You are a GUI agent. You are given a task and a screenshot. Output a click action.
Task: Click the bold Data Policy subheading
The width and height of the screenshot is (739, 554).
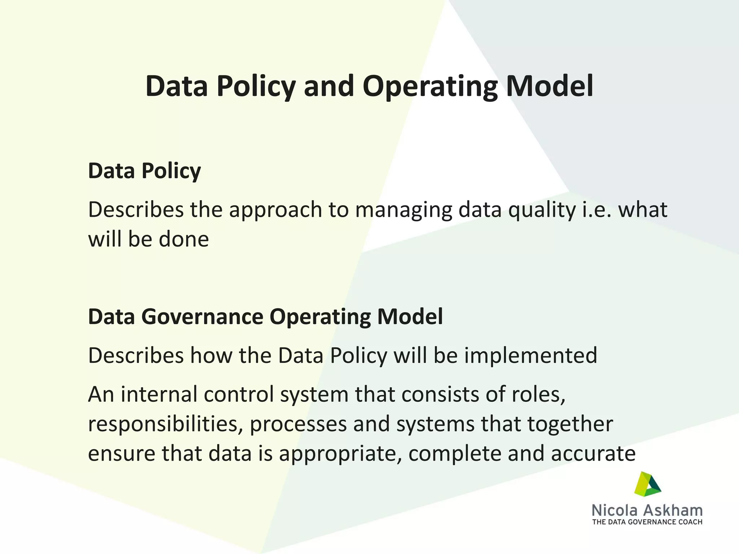pyautogui.click(x=144, y=171)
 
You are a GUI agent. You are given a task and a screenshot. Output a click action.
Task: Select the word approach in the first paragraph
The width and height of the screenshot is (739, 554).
pyautogui.click(x=275, y=210)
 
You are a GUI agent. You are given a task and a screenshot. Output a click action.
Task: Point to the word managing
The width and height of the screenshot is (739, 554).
pyautogui.click(x=403, y=210)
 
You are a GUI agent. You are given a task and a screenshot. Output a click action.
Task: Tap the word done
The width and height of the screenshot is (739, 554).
pyautogui.click(x=184, y=239)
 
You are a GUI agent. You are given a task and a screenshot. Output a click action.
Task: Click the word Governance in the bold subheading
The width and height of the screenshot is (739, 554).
pyautogui.click(x=202, y=317)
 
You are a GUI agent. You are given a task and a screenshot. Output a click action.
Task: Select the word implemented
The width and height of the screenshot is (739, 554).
pyautogui.click(x=530, y=355)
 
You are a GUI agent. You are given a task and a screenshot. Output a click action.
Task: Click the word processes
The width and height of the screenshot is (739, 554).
pyautogui.click(x=298, y=424)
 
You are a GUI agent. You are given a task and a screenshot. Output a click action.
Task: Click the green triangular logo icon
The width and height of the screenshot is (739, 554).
pyautogui.click(x=647, y=484)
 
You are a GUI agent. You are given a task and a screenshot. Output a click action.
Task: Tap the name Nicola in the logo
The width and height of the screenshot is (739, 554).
pyautogui.click(x=615, y=510)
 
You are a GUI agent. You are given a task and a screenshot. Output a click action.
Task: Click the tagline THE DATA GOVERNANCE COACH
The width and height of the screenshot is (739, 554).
pyautogui.click(x=647, y=522)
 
